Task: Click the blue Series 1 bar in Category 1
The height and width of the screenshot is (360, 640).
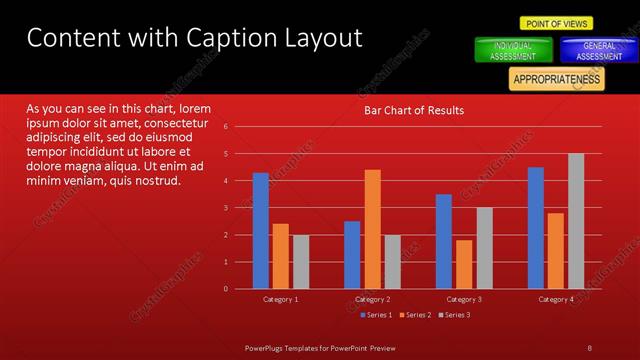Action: [x=260, y=231]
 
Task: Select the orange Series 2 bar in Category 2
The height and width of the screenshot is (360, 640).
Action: [x=372, y=229]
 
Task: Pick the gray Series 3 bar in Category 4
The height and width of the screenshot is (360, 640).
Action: [x=576, y=221]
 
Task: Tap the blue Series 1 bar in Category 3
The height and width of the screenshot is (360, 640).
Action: [x=444, y=241]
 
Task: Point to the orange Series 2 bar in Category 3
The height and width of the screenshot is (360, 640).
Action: [x=464, y=264]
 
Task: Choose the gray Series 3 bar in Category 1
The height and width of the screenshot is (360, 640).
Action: [x=300, y=261]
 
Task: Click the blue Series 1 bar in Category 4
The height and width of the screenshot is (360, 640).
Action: [x=536, y=228]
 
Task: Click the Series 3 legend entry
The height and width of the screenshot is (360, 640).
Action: [x=456, y=315]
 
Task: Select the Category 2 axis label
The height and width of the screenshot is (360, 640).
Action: [x=372, y=299]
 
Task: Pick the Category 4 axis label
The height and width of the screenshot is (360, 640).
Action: [x=556, y=299]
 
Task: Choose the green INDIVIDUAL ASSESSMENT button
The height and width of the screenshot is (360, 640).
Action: [x=512, y=51]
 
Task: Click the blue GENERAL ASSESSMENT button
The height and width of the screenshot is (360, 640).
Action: [x=599, y=51]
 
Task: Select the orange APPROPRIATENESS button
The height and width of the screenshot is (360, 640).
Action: [x=556, y=79]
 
